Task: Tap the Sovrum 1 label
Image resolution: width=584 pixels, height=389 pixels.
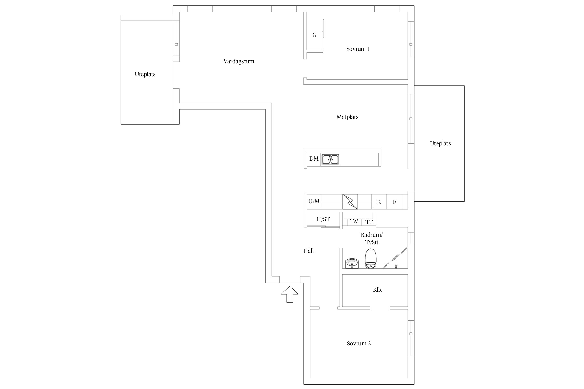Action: [x=358, y=49]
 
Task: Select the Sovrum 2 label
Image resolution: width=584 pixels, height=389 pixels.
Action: [x=359, y=343]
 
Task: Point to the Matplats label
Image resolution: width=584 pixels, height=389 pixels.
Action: [x=348, y=117]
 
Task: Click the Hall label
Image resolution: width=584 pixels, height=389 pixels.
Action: [x=309, y=251]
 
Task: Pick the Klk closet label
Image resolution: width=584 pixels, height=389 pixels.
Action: [x=377, y=290]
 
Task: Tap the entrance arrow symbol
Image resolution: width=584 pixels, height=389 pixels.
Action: [x=290, y=294]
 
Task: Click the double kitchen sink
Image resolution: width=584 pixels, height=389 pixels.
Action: [x=330, y=159]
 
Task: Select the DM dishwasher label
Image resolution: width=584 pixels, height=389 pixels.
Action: [x=314, y=159]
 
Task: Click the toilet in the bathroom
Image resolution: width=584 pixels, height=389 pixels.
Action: [x=371, y=259]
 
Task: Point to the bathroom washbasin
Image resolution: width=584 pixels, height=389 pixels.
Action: [x=352, y=263]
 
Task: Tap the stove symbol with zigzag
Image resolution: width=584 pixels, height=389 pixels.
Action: [x=350, y=202]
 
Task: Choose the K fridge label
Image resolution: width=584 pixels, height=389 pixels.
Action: [x=379, y=202]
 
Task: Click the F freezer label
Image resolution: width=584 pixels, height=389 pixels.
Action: [x=395, y=202]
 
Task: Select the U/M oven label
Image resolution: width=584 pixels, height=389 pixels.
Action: [x=314, y=201]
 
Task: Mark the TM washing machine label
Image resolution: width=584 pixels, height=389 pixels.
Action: [x=355, y=221]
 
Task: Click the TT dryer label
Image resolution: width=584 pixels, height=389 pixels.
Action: [x=369, y=222]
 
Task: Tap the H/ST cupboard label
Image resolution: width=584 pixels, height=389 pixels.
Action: [x=323, y=219]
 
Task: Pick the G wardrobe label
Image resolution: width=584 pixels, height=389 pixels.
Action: [x=314, y=35]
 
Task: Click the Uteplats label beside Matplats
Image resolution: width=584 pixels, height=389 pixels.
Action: [x=440, y=144]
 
